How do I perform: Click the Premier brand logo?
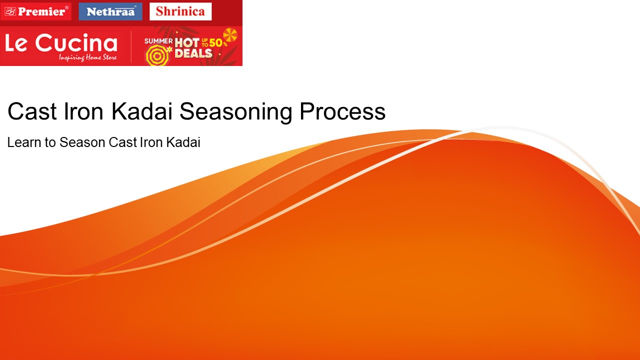pyautogui.click(x=36, y=11)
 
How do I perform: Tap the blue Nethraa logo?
pyautogui.click(x=110, y=11)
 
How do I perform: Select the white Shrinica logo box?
pyautogui.click(x=180, y=11)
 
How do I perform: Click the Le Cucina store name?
pyautogui.click(x=61, y=44)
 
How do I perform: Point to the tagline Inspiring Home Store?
pyautogui.click(x=88, y=58)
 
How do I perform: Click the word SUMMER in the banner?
pyautogui.click(x=158, y=41)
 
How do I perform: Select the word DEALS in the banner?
pyautogui.click(x=193, y=53)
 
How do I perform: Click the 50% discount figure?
pyautogui.click(x=218, y=43)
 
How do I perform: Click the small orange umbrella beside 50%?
pyautogui.click(x=230, y=35)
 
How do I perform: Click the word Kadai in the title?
pyautogui.click(x=142, y=111)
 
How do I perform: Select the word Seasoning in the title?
pyautogui.click(x=236, y=111)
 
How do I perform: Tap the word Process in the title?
pyautogui.click(x=342, y=111)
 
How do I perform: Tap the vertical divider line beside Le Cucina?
pyautogui.click(x=131, y=46)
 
